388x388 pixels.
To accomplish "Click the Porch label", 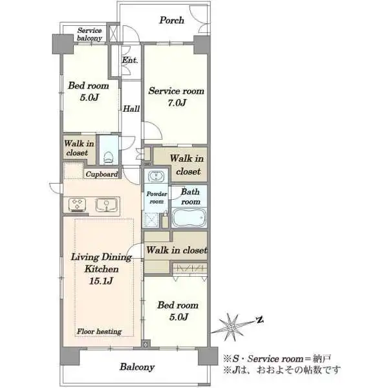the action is click(171, 20).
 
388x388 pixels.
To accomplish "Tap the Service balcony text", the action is click(89, 34).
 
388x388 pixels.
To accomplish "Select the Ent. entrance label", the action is click(130, 60).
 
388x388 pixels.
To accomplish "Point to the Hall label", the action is click(131, 109).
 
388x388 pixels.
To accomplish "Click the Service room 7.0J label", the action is click(177, 96).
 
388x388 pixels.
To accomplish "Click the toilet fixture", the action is click(108, 157).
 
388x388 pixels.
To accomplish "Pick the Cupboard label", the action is click(102, 174).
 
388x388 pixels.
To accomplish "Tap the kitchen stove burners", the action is click(77, 204).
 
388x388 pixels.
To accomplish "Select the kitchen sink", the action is click(107, 204).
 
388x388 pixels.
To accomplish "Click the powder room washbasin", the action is click(156, 177).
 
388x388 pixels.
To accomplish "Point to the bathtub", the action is click(189, 218).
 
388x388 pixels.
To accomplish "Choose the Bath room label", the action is click(190, 197).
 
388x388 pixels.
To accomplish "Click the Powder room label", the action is click(156, 197).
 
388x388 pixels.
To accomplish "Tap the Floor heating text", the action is click(99, 331).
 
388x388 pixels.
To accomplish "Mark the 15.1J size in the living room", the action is click(102, 281).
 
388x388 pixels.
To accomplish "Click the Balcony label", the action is click(137, 367).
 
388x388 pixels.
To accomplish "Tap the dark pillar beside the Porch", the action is click(202, 45).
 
